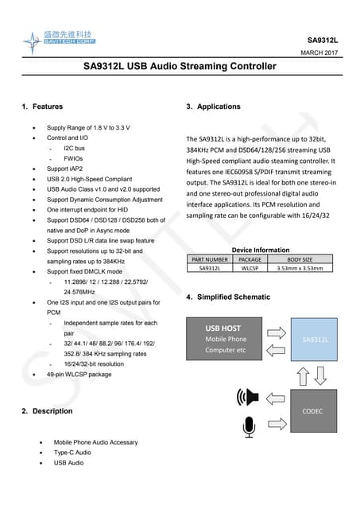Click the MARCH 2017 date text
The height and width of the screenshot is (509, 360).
pyautogui.click(x=319, y=52)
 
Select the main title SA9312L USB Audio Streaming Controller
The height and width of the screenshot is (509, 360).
pyautogui.click(x=180, y=67)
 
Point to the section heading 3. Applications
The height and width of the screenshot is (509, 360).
pyautogui.click(x=213, y=106)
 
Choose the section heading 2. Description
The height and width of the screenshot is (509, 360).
pyautogui.click(x=47, y=411)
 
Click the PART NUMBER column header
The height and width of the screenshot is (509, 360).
pyautogui.click(x=210, y=259)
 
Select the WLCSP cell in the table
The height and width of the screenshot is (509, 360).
pyautogui.click(x=250, y=269)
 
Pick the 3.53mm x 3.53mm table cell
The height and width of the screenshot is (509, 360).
pyautogui.click(x=300, y=269)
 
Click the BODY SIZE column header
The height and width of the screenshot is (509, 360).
pyautogui.click(x=300, y=259)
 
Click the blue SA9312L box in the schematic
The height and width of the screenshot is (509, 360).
pyautogui.click(x=315, y=340)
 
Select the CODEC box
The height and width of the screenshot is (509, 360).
pyautogui.click(x=312, y=411)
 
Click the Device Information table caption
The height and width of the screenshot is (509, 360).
pyautogui.click(x=260, y=250)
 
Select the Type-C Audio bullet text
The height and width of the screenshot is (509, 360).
pyautogui.click(x=76, y=452)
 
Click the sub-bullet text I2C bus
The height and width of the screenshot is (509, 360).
pyautogui.click(x=74, y=148)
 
